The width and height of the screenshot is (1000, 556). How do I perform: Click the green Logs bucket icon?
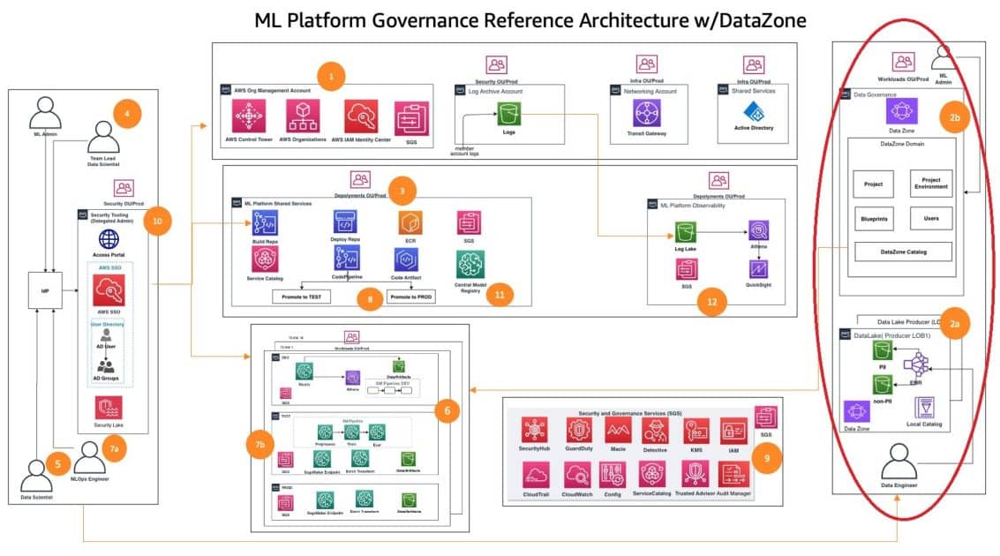[x=508, y=113]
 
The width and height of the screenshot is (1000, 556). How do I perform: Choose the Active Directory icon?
[x=753, y=113]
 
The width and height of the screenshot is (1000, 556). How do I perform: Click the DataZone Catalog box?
[x=903, y=252]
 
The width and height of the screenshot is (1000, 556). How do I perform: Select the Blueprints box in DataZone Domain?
[x=875, y=217]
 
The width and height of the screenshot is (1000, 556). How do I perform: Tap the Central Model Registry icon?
[x=470, y=263]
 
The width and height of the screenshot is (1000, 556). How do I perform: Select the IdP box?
[x=44, y=290]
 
